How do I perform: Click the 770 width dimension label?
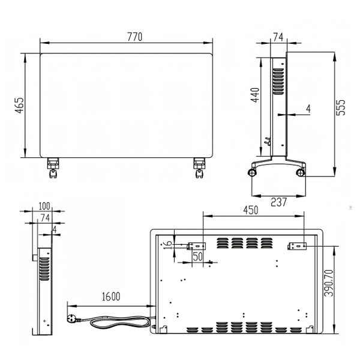(x=135, y=37)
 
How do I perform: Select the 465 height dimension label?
(x=19, y=106)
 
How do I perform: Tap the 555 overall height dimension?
(x=341, y=107)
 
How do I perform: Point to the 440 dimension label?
(x=255, y=95)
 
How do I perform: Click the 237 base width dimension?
(x=279, y=202)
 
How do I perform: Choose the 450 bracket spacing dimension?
(x=250, y=210)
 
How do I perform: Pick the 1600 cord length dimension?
(x=111, y=296)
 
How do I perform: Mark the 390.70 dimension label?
(x=329, y=283)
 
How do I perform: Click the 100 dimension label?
(x=44, y=206)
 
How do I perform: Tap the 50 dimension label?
(x=198, y=256)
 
